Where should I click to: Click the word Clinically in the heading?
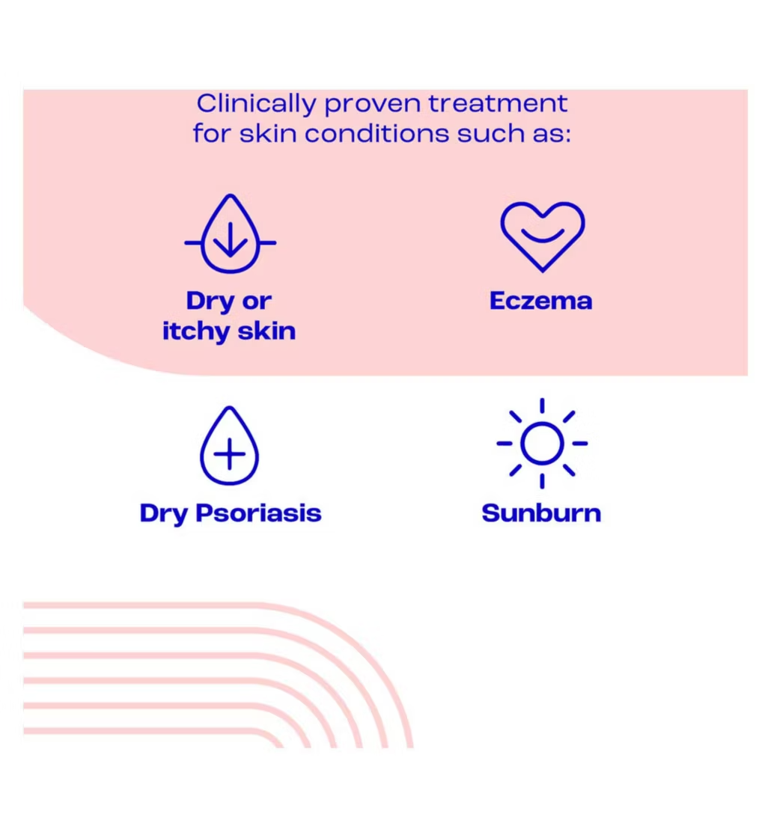point(256,104)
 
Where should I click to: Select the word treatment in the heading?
point(498,103)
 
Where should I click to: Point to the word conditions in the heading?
point(377,132)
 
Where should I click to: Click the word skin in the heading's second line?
point(268,132)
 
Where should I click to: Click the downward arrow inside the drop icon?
point(231,240)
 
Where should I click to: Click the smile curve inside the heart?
point(542,236)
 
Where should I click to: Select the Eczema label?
point(541,300)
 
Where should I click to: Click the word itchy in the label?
point(196,331)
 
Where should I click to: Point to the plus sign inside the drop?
point(229,455)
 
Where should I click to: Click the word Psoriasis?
point(258,513)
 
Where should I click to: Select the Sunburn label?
point(541,513)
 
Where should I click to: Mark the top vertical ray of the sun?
point(542,406)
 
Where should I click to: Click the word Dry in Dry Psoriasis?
point(164,514)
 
